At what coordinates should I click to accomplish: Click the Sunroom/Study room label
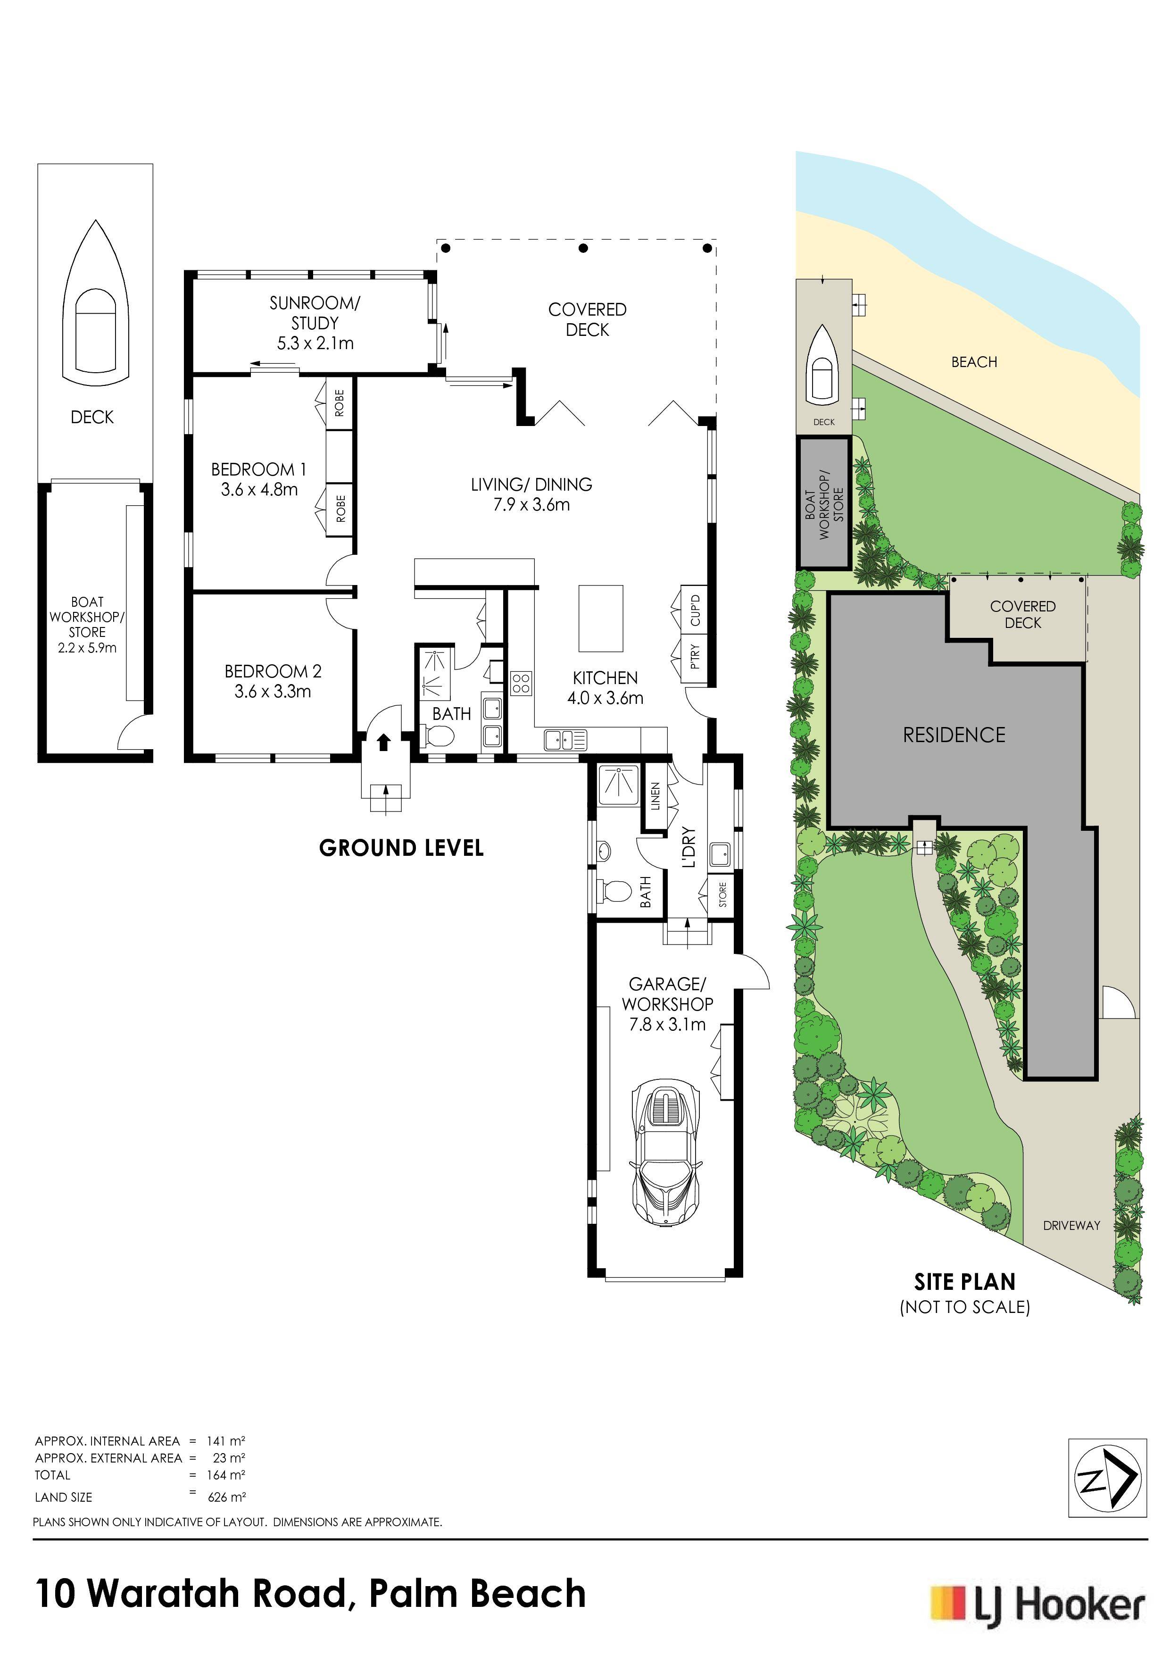pyautogui.click(x=315, y=313)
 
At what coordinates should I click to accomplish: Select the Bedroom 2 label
pyautogui.click(x=273, y=671)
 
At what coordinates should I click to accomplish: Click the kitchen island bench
pyautogui.click(x=601, y=618)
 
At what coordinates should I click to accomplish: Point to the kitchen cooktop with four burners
pyautogui.click(x=522, y=683)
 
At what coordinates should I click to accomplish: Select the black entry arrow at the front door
pyautogui.click(x=384, y=742)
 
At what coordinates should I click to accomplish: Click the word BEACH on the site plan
pyautogui.click(x=974, y=362)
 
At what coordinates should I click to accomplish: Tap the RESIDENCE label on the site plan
pyautogui.click(x=954, y=735)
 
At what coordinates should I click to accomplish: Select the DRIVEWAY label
pyautogui.click(x=1071, y=1225)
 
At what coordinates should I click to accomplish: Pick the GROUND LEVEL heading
pyautogui.click(x=401, y=848)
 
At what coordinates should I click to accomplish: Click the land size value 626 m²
pyautogui.click(x=227, y=1497)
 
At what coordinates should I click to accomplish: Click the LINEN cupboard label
pyautogui.click(x=655, y=796)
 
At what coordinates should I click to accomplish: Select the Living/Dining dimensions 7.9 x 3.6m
pyautogui.click(x=531, y=505)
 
